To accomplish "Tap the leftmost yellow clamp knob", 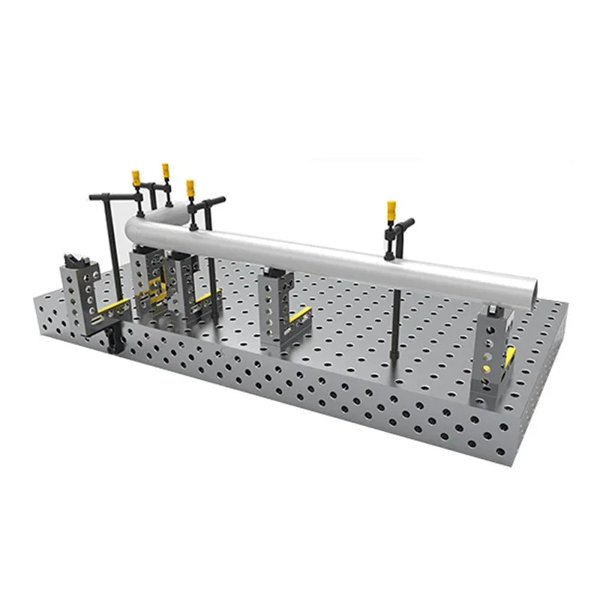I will point(136,178).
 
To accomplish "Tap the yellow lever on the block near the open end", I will point(511,357).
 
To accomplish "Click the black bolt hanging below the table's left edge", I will point(113,342).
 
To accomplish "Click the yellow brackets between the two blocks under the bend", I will point(157,292).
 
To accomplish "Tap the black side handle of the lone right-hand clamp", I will point(406,223).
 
